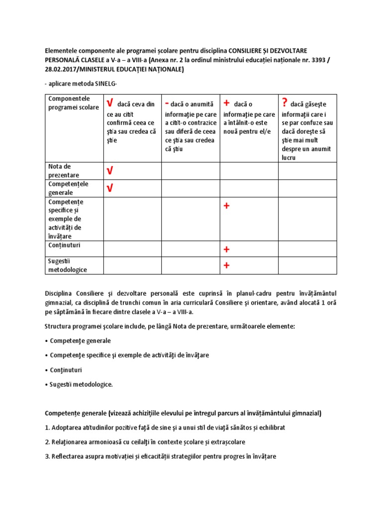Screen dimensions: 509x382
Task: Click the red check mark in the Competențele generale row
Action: coord(110,188)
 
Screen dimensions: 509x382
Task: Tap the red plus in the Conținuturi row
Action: coord(226,249)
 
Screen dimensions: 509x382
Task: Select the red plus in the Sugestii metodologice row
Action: coord(226,265)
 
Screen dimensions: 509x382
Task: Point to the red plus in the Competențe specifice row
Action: coord(226,206)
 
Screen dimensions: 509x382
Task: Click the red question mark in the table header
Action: coord(285,103)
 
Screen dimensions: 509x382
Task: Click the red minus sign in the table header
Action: coord(167,102)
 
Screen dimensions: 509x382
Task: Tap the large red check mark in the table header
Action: coord(110,103)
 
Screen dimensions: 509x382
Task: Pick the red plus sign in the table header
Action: coord(226,103)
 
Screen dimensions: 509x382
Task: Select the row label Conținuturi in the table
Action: coord(64,245)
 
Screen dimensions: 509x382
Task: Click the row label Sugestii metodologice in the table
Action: coord(67,265)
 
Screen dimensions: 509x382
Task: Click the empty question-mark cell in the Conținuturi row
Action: coord(307,249)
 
